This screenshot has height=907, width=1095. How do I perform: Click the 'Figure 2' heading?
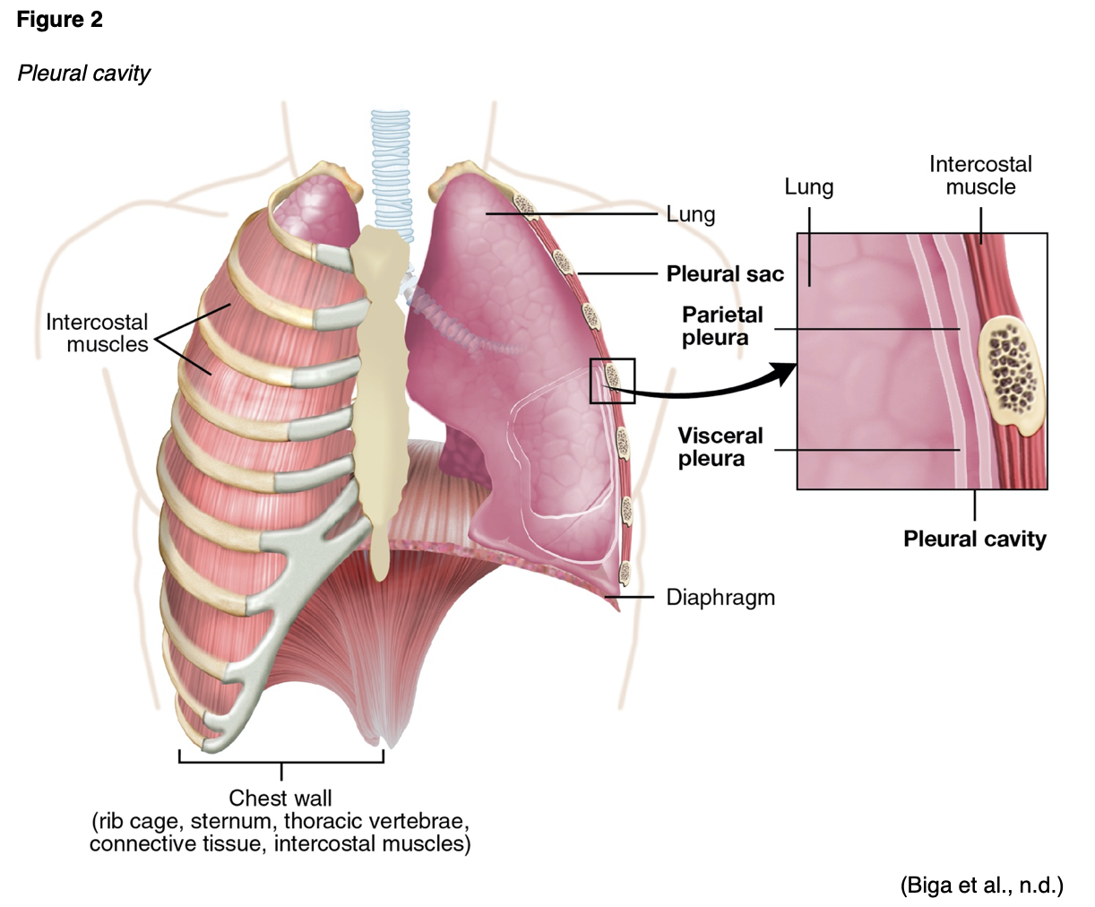[59, 20]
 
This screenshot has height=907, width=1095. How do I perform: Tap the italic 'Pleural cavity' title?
[83, 73]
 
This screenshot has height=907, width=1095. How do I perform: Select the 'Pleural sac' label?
[724, 273]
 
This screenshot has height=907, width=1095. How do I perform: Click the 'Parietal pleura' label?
[721, 326]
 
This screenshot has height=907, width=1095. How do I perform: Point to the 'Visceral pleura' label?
[720, 447]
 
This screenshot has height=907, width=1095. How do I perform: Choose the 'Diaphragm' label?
[720, 597]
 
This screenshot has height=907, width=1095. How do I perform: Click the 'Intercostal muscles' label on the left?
[97, 333]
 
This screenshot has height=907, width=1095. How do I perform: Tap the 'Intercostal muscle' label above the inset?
[979, 176]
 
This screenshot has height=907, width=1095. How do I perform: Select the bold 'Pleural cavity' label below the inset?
[974, 539]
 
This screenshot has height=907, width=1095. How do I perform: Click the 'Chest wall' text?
[280, 798]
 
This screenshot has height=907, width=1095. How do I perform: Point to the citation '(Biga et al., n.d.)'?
[981, 885]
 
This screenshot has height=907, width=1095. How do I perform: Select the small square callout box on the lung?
[612, 381]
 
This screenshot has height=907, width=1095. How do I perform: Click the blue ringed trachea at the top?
[392, 170]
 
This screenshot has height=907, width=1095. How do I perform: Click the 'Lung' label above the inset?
[808, 187]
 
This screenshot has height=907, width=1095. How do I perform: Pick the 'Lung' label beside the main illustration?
[690, 214]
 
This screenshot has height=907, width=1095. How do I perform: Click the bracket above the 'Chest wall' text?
[281, 761]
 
